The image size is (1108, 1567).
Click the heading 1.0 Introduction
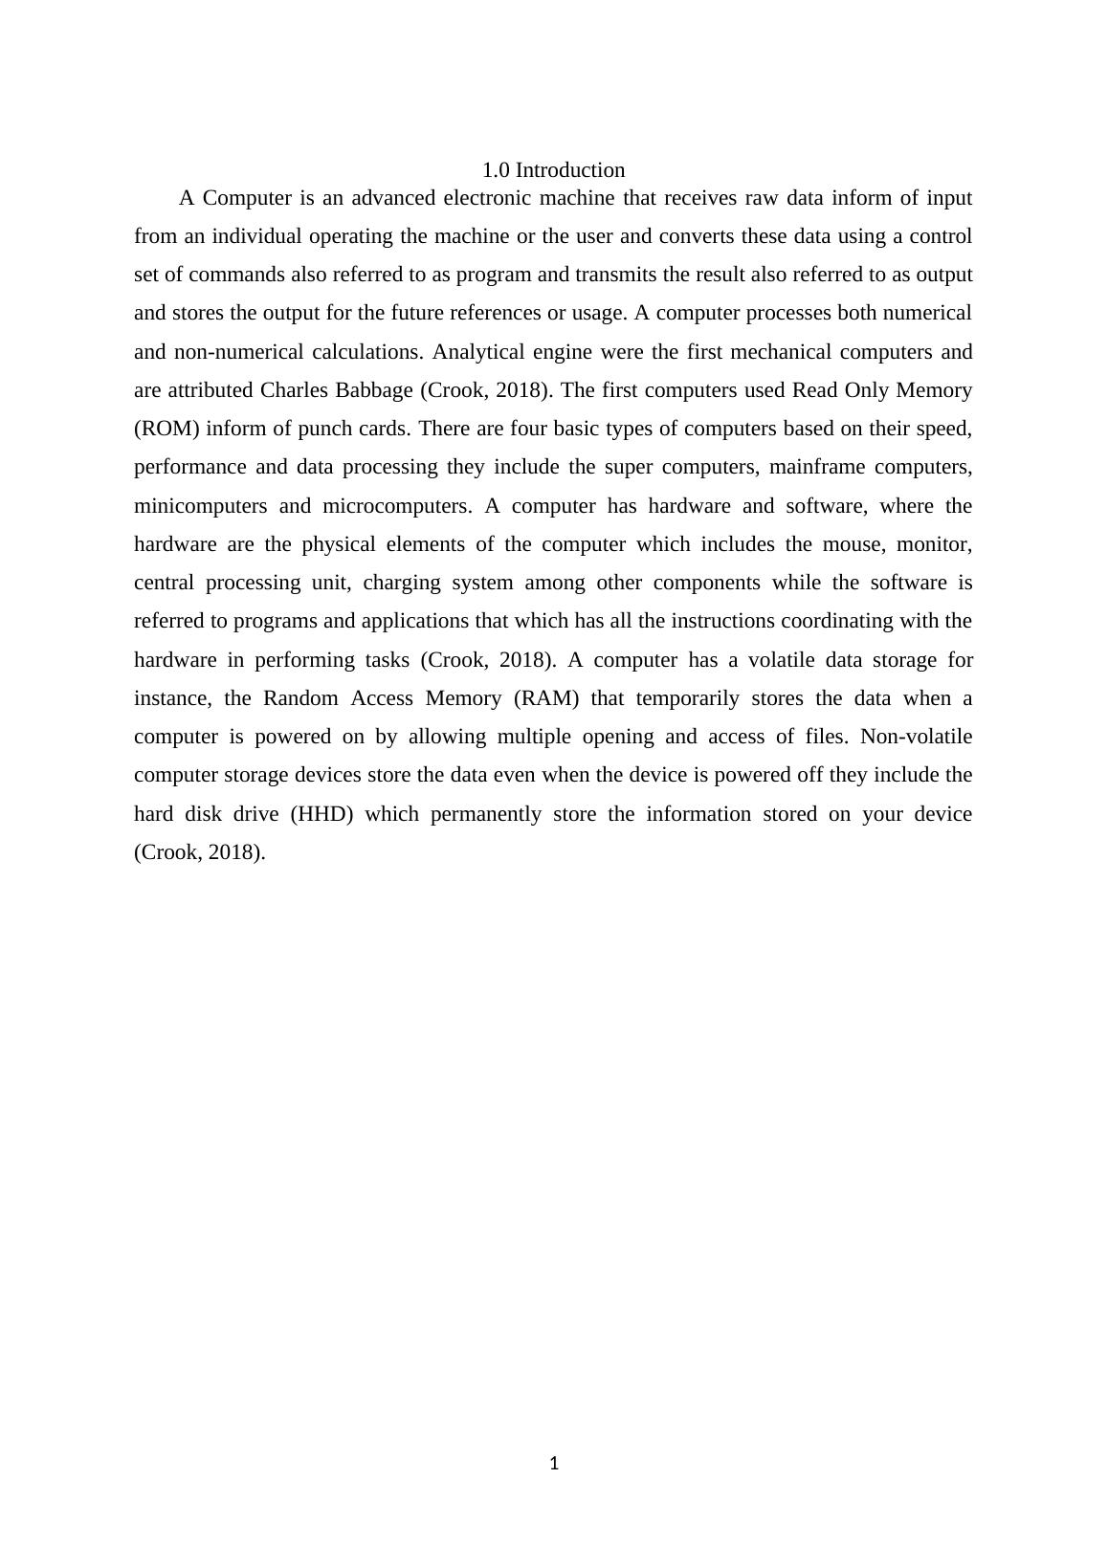click(x=553, y=170)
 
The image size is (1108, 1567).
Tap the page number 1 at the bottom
click(x=554, y=1463)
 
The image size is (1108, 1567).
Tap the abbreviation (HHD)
click(x=321, y=814)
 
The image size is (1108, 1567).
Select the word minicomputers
click(x=200, y=506)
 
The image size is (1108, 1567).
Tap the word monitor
click(x=934, y=544)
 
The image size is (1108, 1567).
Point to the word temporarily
click(x=687, y=698)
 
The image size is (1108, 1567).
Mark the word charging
click(x=402, y=583)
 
